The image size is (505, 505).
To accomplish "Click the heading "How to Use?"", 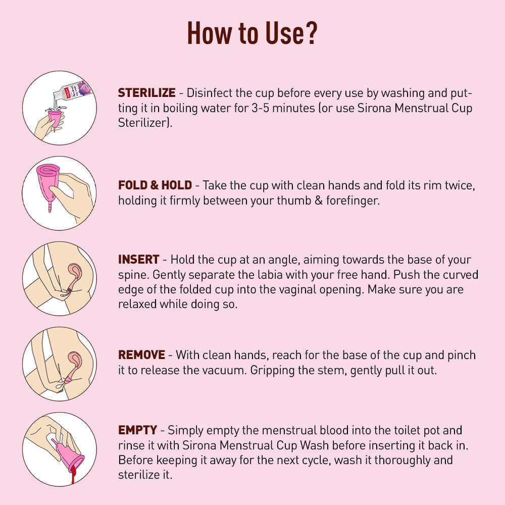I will coord(252,34).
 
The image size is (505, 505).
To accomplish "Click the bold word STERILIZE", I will coord(147,93).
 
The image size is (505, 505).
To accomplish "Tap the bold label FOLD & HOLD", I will coord(155,185).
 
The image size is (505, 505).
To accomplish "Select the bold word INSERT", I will coord(139,260).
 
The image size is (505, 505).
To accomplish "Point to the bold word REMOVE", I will coord(142,355).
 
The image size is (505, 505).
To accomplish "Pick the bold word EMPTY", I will coord(137,431).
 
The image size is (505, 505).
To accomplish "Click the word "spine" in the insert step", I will coord(131,275).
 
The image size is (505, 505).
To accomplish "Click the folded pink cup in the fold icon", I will coord(48,182).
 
